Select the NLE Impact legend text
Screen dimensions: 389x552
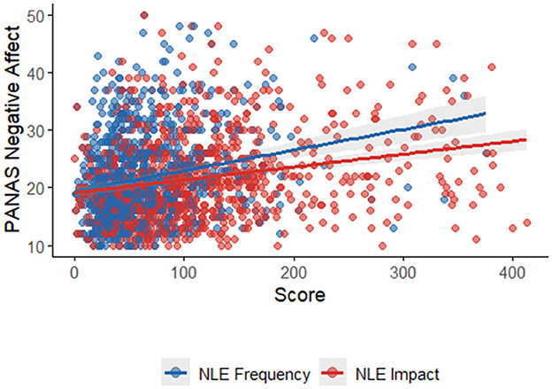404,374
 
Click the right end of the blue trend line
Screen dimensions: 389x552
485,113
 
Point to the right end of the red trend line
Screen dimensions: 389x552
526,139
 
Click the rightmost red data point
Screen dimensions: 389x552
527,222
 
